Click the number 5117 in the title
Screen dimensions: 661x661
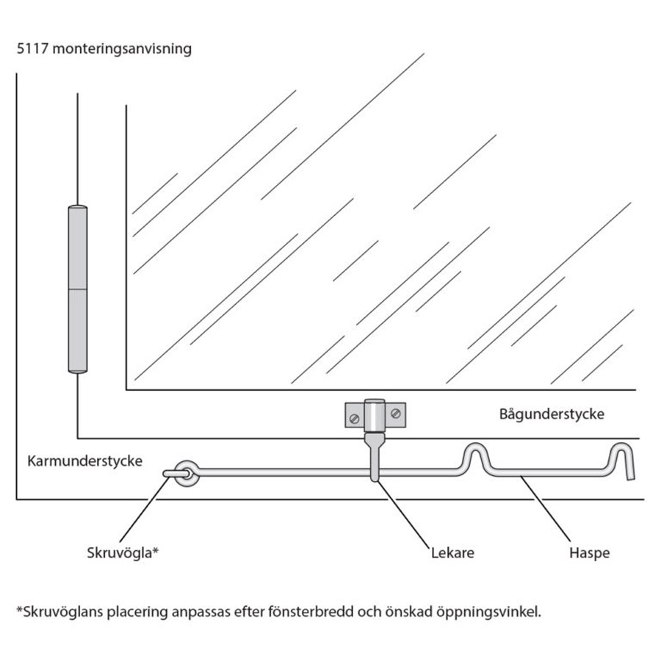pyautogui.click(x=32, y=49)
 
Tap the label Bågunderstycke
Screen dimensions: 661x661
pyautogui.click(x=552, y=414)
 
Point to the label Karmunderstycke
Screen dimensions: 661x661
pyautogui.click(x=84, y=461)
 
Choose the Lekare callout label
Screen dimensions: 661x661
pyautogui.click(x=452, y=553)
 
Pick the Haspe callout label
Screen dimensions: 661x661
pyautogui.click(x=589, y=553)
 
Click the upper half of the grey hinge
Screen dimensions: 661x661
pyautogui.click(x=77, y=248)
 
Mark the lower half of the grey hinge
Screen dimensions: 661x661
pyautogui.click(x=77, y=330)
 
